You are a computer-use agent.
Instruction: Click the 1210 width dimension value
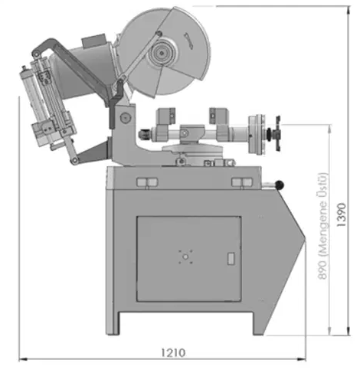tap(173, 352)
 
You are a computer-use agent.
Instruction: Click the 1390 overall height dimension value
tap(342, 214)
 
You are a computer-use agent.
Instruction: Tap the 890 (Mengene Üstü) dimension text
tap(322, 226)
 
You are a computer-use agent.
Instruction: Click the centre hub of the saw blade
tap(162, 53)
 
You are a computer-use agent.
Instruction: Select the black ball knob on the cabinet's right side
tap(280, 185)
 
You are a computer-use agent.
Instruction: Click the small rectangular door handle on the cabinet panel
tap(231, 258)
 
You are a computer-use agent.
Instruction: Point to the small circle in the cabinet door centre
tap(185, 257)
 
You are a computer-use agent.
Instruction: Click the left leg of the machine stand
tap(113, 323)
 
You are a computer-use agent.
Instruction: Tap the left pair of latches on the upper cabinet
tap(147, 182)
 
